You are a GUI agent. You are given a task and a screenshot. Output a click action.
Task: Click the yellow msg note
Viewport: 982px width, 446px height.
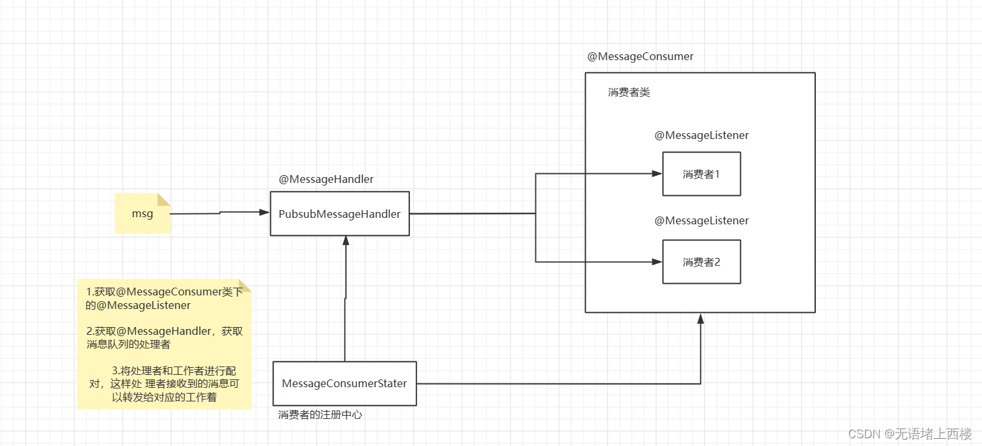coord(142,213)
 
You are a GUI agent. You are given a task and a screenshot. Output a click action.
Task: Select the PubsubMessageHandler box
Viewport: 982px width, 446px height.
coord(339,214)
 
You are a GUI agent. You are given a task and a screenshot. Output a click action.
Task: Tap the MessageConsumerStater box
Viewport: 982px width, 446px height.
coord(345,383)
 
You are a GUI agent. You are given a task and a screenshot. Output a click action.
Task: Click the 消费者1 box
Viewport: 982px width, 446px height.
coord(701,174)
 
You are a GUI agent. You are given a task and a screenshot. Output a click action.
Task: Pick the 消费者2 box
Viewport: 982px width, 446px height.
coord(701,262)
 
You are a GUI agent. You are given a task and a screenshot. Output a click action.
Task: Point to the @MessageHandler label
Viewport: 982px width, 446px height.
coord(326,179)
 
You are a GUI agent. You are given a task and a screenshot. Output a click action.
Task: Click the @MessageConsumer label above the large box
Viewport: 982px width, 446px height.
coord(640,56)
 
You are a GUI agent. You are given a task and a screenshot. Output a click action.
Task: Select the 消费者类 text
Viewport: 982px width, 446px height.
coord(628,92)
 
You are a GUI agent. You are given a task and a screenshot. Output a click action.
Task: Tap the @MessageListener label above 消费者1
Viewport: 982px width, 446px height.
coord(701,135)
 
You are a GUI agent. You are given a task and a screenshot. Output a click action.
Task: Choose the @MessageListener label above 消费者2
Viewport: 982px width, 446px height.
coord(701,220)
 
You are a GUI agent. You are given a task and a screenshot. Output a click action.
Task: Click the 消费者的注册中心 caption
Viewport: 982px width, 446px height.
coord(320,415)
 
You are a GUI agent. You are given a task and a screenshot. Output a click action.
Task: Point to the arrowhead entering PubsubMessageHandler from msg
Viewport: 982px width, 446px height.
coord(265,212)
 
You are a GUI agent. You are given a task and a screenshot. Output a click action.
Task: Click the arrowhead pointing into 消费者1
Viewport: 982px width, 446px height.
coord(657,174)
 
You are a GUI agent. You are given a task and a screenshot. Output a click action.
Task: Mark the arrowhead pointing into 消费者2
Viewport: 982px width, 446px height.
coord(657,262)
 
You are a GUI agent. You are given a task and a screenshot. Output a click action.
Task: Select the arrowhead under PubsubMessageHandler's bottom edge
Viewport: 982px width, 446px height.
coord(346,240)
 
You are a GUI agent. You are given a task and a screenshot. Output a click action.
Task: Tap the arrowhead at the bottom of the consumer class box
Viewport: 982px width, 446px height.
coord(700,318)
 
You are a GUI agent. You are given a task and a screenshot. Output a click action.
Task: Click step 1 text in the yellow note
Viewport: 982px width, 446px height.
coord(164,298)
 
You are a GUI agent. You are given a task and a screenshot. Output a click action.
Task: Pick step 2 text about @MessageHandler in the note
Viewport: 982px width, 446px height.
coord(164,337)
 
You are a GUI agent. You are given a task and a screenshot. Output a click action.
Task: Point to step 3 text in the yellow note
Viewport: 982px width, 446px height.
coord(164,384)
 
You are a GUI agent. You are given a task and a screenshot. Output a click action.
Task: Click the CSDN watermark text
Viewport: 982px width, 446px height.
coord(910,434)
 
